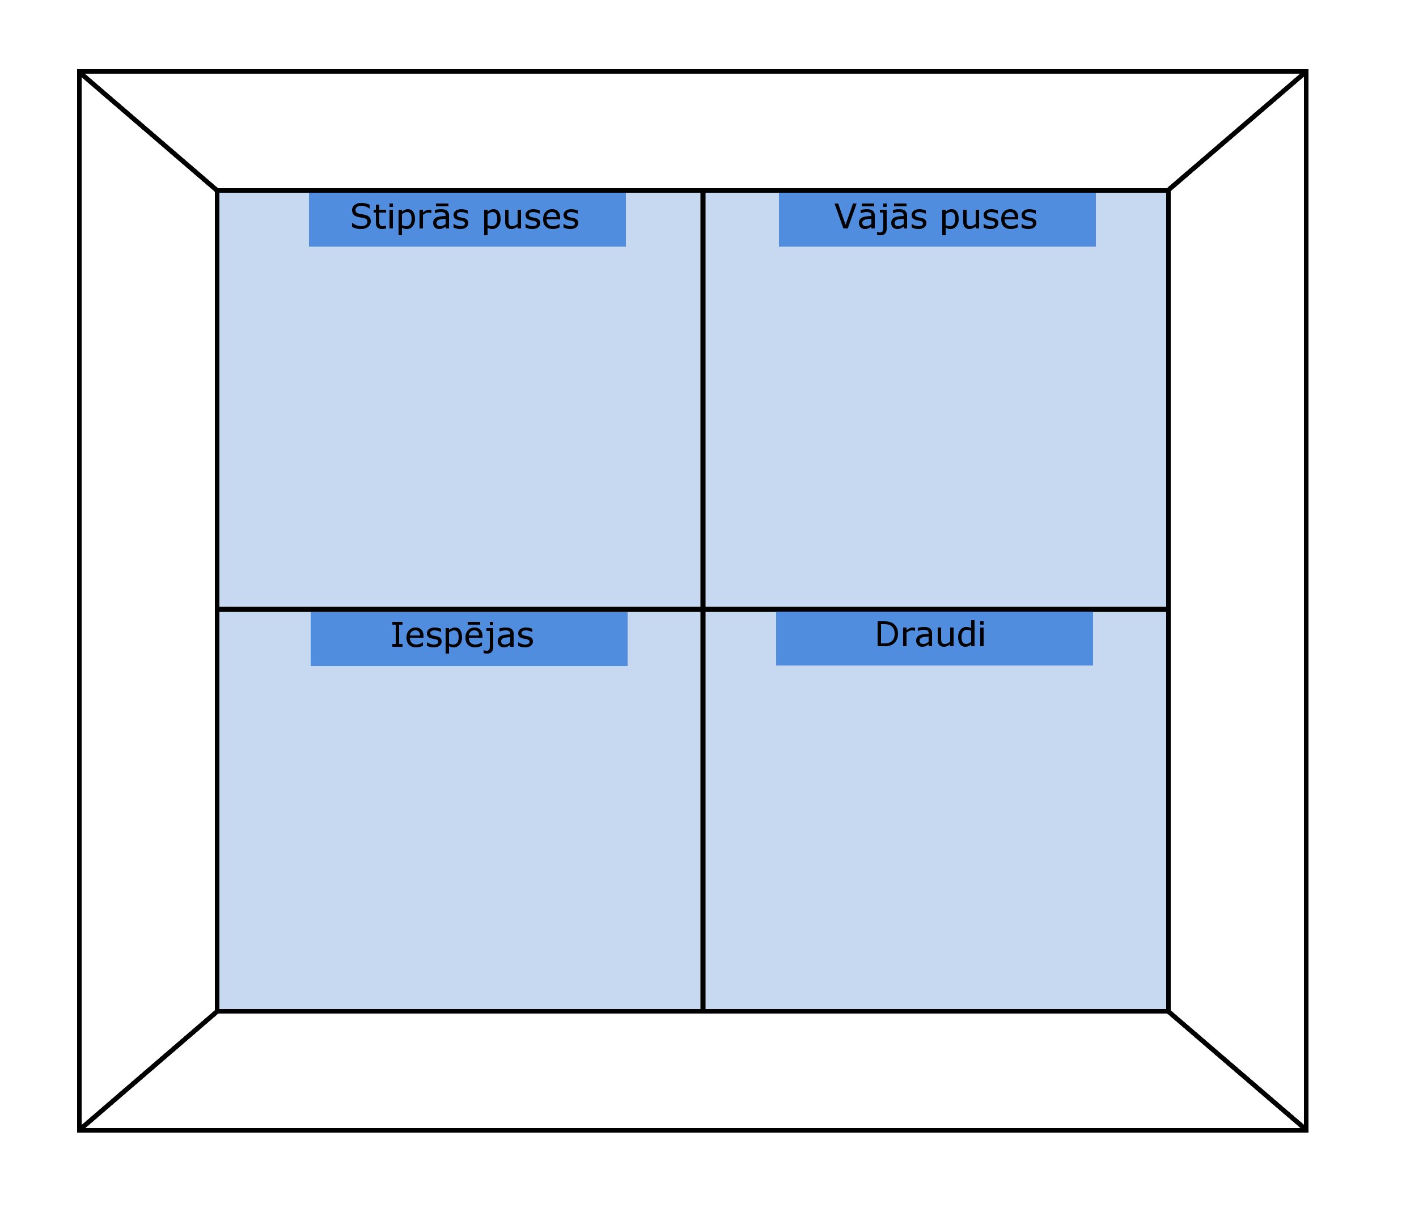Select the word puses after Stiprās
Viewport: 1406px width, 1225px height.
[x=531, y=219]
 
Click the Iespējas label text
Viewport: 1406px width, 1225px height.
[x=462, y=636]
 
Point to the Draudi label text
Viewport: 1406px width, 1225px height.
[x=930, y=635]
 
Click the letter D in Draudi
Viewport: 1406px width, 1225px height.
[x=887, y=635]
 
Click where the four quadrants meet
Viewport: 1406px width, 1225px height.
[x=702, y=608]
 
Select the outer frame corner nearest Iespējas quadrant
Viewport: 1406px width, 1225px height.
[x=80, y=1130]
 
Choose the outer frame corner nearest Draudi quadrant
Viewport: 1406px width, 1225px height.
[x=1306, y=1130]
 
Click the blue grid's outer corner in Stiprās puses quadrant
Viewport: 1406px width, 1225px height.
[x=217, y=190]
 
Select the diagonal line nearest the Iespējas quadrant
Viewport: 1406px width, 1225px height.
[x=149, y=1070]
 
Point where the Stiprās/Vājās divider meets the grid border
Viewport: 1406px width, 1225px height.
[x=702, y=190]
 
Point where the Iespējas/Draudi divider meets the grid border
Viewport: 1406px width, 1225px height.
[x=702, y=1010]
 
